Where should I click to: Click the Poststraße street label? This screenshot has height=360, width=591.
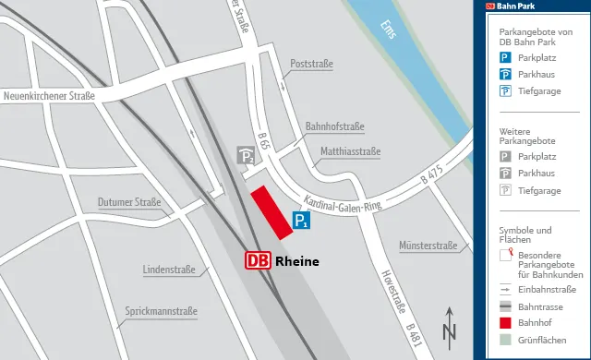[x=311, y=64]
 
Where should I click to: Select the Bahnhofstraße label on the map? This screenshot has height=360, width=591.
[x=334, y=126]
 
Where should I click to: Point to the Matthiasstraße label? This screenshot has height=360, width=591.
[x=350, y=150]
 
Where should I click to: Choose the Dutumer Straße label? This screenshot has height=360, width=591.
[x=129, y=202]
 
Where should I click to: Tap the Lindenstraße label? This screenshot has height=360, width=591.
[x=169, y=270]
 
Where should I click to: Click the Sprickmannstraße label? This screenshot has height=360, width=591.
[x=162, y=311]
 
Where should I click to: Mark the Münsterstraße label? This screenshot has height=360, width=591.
[x=428, y=246]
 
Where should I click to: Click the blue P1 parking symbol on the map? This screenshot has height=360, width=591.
[x=301, y=221]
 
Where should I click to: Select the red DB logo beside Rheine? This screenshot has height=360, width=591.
[x=258, y=261]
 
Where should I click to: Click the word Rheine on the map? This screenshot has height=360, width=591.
[x=297, y=261]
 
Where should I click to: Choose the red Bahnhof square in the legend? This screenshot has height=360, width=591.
[x=505, y=323]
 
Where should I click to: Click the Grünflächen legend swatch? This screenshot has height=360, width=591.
[x=505, y=341]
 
